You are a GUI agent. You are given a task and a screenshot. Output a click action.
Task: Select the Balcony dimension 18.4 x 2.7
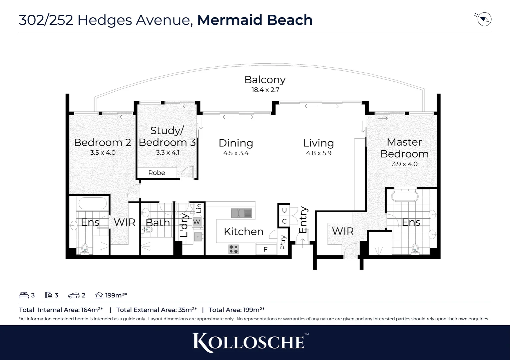pos(265,90)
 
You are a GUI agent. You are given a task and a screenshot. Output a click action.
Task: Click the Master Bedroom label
pos(404,148)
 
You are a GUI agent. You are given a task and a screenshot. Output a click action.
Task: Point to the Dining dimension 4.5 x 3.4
pos(236,153)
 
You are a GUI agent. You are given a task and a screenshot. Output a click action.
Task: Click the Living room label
pos(318,143)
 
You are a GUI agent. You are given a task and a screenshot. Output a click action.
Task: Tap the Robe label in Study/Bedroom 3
pos(156,173)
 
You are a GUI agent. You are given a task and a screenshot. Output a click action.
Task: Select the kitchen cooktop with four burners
pos(233,249)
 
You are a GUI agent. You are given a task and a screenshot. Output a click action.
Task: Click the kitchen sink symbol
pos(241,213)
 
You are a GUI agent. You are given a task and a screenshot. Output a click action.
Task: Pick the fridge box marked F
pos(266,249)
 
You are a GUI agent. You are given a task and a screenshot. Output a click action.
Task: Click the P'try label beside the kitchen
pos(283,242)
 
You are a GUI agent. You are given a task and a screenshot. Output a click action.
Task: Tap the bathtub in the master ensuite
pos(404,196)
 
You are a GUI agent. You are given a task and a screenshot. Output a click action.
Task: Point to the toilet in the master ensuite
pos(415,248)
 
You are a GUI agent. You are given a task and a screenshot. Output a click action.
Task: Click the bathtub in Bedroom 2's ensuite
pos(92,203)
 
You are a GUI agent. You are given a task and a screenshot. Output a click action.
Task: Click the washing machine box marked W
pos(196,222)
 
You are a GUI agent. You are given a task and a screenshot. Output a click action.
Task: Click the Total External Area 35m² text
pos(156,310)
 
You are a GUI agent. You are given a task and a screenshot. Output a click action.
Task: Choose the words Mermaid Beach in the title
pos(255,20)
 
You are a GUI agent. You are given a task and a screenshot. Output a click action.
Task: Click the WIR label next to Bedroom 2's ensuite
pos(124,222)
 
